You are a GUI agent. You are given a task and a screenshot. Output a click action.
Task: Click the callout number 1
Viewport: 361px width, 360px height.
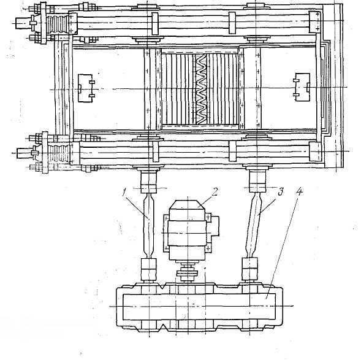click(x=124, y=193)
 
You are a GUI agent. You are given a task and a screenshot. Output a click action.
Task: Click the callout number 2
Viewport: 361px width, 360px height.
click(x=215, y=191)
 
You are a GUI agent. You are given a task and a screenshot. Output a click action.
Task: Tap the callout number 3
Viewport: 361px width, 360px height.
click(x=281, y=191)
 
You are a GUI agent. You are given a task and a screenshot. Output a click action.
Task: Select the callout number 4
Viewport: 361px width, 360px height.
click(x=299, y=191)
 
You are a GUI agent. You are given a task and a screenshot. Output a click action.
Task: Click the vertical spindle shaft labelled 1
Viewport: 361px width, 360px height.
click(x=149, y=226)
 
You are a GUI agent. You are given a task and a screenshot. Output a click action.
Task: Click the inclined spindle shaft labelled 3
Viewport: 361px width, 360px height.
click(x=254, y=225)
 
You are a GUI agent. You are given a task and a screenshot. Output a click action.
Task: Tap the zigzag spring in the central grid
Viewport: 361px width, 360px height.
click(x=201, y=90)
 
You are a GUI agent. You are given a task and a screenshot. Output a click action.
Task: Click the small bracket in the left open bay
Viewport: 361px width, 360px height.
click(x=86, y=88)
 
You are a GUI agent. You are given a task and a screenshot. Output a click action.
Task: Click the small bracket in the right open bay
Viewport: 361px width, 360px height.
click(x=302, y=87)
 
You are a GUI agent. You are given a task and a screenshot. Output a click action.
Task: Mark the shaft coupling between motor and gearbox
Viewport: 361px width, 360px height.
click(x=187, y=272)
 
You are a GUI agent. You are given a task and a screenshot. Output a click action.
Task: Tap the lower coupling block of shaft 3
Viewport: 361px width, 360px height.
click(x=249, y=269)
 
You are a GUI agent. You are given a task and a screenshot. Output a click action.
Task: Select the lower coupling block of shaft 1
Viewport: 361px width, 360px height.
click(x=149, y=269)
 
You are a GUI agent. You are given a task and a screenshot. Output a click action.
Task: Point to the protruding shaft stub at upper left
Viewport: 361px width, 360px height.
click(x=23, y=23)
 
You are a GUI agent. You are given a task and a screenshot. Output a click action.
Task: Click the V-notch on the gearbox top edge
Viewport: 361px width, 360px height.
click(x=164, y=287)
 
